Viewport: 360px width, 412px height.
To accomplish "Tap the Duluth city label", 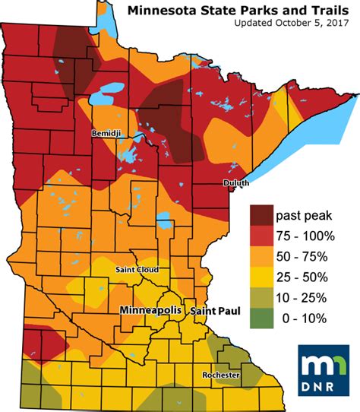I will click(236, 183).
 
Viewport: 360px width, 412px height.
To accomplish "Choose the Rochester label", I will click(221, 376).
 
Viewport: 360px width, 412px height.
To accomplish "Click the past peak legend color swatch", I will click(265, 214).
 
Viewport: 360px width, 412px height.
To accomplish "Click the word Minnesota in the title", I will click(162, 11).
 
